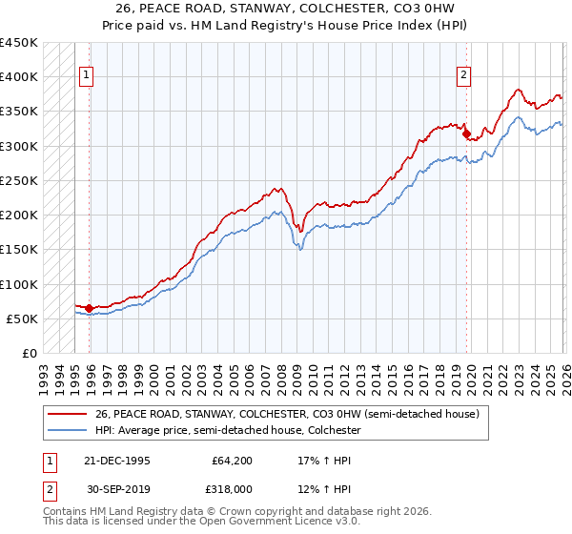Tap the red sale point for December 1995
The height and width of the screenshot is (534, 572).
click(89, 308)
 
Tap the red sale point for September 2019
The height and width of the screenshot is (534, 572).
click(466, 134)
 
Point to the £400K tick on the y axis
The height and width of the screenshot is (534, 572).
click(19, 77)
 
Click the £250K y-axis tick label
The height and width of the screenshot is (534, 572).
click(19, 180)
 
